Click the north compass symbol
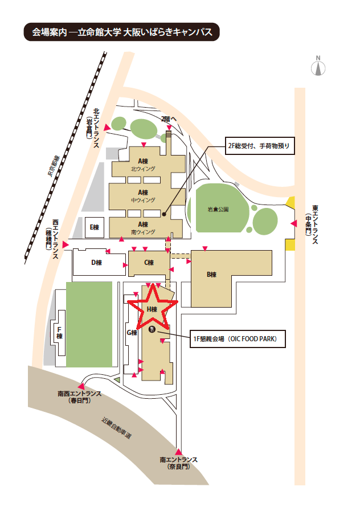point(318,66)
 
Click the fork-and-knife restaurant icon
point(152,329)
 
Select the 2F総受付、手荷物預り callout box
point(260,146)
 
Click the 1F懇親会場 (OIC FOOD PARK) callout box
point(238,339)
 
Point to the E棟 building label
point(94,227)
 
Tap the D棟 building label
point(96,263)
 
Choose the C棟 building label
point(149,263)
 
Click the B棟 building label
point(211,275)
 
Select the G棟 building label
point(132,333)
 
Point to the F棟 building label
point(59,333)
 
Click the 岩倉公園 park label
point(218,210)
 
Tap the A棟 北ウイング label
point(143,165)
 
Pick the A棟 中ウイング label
point(143,196)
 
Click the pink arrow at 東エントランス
point(293,223)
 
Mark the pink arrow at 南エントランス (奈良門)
point(178,452)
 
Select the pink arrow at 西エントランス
point(66,244)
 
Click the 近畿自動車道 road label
point(116,428)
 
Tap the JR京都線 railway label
point(54,166)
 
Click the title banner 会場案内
point(122,32)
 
